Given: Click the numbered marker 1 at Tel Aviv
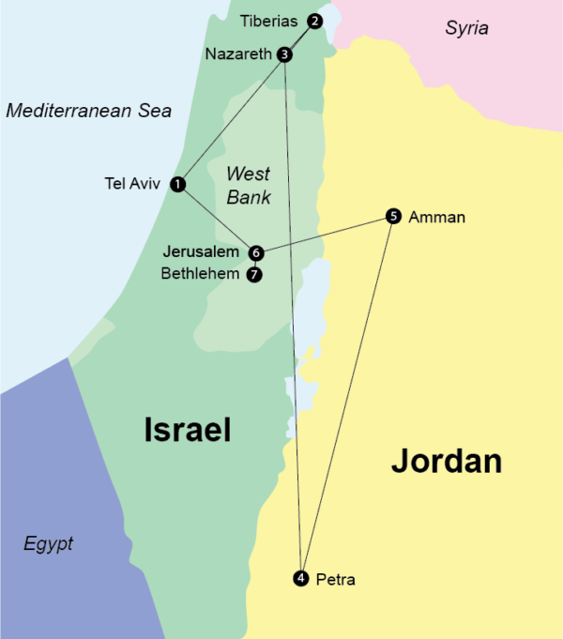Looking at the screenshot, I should (x=178, y=185).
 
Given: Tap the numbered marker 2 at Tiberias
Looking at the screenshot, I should (x=314, y=21).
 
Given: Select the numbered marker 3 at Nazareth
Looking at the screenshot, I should (x=285, y=54).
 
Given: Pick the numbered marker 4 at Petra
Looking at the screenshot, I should (x=300, y=577).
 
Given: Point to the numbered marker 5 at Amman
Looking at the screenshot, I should (x=393, y=217).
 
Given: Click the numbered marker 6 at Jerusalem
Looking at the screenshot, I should (x=256, y=252).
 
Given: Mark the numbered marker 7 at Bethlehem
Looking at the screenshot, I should (x=253, y=275).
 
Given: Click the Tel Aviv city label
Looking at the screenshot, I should (x=133, y=184).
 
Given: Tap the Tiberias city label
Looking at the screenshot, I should (x=268, y=20).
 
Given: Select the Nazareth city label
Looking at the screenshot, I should (x=238, y=54).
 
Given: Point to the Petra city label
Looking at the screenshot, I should (x=336, y=579).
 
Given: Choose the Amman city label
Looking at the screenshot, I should (x=437, y=218).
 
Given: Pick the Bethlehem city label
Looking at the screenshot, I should (x=201, y=275).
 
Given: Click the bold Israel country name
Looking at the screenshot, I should (x=188, y=430).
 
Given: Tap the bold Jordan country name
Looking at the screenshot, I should (x=447, y=461).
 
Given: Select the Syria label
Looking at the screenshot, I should (x=466, y=28).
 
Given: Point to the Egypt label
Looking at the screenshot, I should (x=49, y=544).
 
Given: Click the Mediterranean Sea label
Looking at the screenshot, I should (x=89, y=111).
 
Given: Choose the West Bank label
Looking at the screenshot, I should (x=249, y=185).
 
